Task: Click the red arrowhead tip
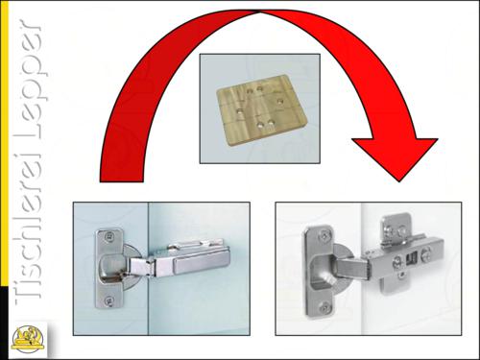tap(399, 181)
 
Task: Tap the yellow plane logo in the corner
tap(27, 339)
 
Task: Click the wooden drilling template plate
tap(262, 109)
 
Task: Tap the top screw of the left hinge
tap(108, 237)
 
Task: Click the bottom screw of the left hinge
tap(108, 300)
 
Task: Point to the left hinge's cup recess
tap(109, 268)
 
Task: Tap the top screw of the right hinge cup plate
tap(325, 236)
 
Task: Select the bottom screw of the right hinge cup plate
tap(324, 308)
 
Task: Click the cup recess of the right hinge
tap(324, 272)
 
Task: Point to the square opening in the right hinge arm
tap(411, 258)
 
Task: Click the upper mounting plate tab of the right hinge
tap(396, 228)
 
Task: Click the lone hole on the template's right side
tap(280, 102)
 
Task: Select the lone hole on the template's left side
tap(239, 112)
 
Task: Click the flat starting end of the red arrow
tap(122, 181)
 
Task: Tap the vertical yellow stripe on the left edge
tap(4, 143)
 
